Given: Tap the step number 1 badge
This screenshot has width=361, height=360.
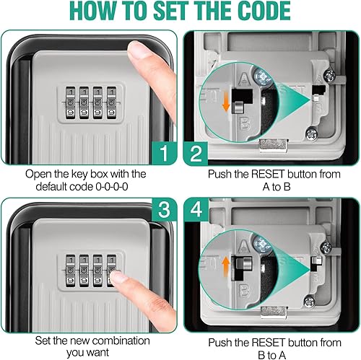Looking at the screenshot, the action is pyautogui.click(x=165, y=153).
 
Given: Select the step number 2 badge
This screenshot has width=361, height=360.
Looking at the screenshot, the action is pyautogui.click(x=196, y=154).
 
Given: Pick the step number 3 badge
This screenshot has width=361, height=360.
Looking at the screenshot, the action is pyautogui.click(x=165, y=209).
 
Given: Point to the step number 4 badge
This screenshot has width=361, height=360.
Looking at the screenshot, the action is pyautogui.click(x=196, y=209).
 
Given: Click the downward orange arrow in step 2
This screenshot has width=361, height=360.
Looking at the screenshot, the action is pyautogui.click(x=226, y=102).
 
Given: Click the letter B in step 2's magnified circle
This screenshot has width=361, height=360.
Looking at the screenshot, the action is pyautogui.click(x=245, y=123).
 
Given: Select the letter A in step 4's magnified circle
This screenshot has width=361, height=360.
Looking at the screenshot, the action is pyautogui.click(x=244, y=246).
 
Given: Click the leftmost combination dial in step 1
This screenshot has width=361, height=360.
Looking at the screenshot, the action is pyautogui.click(x=71, y=103).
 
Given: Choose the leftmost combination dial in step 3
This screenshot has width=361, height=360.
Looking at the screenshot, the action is pyautogui.click(x=71, y=271).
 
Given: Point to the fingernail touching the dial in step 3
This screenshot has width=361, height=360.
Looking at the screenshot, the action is pyautogui.click(x=118, y=276).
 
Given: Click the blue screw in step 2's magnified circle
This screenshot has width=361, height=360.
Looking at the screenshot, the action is pyautogui.click(x=263, y=77).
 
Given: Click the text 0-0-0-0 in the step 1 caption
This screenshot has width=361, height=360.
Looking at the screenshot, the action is pyautogui.click(x=112, y=187).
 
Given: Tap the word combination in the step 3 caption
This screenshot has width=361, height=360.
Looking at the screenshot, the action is pyautogui.click(x=121, y=341).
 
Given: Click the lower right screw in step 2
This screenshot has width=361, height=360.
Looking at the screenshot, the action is pyautogui.click(x=312, y=134).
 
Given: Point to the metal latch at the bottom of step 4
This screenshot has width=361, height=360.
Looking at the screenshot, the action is pyautogui.click(x=274, y=312).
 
